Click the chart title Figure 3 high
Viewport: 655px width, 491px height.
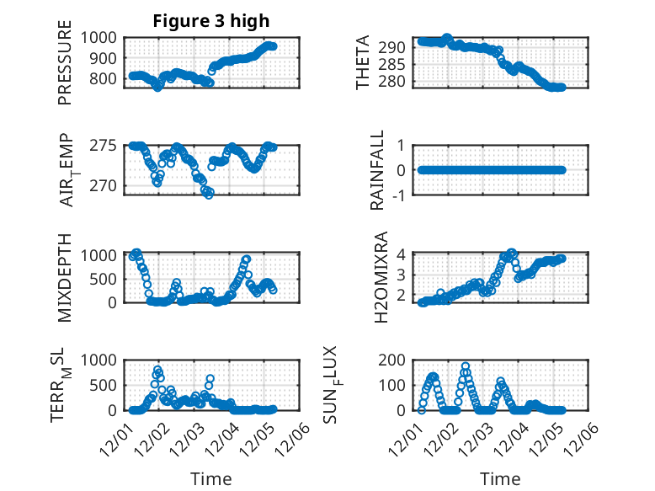pyautogui.click(x=211, y=20)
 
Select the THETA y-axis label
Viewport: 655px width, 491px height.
pyautogui.click(x=363, y=63)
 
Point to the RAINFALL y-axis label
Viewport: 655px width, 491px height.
pyautogui.click(x=378, y=170)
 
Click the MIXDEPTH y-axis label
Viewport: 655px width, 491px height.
pyautogui.click(x=65, y=277)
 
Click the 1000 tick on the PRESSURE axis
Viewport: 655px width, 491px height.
pyautogui.click(x=100, y=37)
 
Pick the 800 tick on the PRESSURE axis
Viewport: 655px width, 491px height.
pyautogui.click(x=104, y=79)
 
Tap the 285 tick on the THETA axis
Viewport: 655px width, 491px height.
pyautogui.click(x=397, y=63)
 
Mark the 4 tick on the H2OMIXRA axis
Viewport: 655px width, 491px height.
pyautogui.click(x=402, y=254)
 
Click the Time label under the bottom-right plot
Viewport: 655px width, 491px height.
pyautogui.click(x=500, y=479)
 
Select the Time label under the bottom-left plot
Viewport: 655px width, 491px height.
pyautogui.click(x=211, y=479)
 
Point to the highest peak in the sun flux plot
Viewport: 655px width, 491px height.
pyautogui.click(x=466, y=366)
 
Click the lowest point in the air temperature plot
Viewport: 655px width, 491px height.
pyautogui.click(x=208, y=194)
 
